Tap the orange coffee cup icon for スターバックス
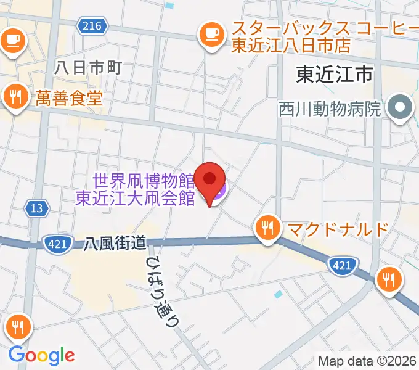(211, 33)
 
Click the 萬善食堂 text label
(68, 98)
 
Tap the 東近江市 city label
(334, 75)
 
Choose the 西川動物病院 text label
(330, 110)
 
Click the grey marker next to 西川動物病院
(400, 109)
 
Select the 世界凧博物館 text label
(144, 182)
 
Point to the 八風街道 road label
(115, 244)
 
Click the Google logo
(41, 355)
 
